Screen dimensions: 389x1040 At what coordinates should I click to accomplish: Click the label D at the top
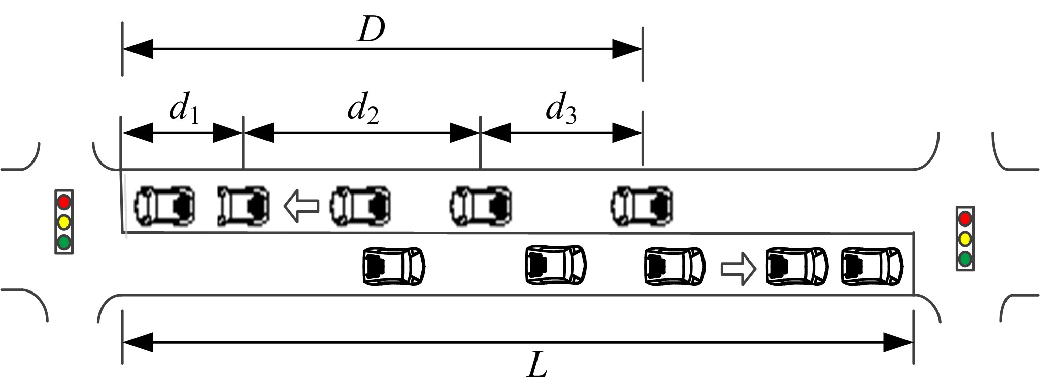coord(371,30)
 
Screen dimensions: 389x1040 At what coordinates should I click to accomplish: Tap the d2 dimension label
coord(362,110)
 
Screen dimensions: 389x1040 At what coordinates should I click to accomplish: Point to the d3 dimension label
coord(560,110)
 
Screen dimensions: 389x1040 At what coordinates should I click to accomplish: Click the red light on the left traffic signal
coord(64,202)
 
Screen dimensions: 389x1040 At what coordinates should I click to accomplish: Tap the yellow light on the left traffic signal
coord(64,222)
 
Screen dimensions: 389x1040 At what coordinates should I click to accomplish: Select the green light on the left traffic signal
coord(64,242)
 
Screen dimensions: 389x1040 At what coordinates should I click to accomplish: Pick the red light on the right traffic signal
coord(965,219)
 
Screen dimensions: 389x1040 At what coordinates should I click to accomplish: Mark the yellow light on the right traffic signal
coord(965,239)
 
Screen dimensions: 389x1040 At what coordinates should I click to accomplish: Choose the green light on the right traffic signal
coord(965,259)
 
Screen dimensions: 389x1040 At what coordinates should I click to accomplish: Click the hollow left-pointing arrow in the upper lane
coord(301,206)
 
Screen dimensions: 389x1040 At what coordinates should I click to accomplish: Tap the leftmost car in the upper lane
coord(164,205)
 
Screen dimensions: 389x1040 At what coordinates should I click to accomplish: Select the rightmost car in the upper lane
coord(642,206)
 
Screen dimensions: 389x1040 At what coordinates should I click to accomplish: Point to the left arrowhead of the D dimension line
coord(138,50)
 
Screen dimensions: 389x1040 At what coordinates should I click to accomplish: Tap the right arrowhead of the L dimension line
coord(898,342)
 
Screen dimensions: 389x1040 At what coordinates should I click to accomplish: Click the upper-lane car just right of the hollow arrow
coord(360,206)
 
